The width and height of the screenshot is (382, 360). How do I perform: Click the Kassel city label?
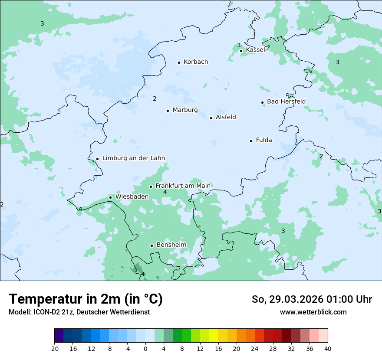pos(255,50)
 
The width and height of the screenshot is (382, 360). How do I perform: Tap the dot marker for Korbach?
pos(179,62)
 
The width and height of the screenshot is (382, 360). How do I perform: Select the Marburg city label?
pos(185,110)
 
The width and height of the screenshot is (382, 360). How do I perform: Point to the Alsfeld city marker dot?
pos(211,118)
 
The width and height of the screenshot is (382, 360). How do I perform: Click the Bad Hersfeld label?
pos(286,101)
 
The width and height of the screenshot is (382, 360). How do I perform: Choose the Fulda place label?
pos(264,140)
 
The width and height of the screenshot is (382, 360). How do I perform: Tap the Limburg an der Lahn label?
pos(133,158)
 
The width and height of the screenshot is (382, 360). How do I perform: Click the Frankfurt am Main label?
pos(183,186)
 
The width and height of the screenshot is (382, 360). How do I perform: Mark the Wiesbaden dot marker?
pos(111,198)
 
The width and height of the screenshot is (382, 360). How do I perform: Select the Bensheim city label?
pos(171,245)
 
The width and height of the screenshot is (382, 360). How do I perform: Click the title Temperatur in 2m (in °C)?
pos(86,299)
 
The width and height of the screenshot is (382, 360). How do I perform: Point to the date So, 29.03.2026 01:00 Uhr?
pos(312,299)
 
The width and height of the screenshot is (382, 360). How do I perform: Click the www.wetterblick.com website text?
pos(313,312)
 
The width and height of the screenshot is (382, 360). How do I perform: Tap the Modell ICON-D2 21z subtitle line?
pos(79,312)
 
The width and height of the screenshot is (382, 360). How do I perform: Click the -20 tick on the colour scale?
pos(54,349)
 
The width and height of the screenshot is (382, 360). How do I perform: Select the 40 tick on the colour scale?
pos(328,349)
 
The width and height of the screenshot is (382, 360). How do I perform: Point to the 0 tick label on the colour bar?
pos(145,349)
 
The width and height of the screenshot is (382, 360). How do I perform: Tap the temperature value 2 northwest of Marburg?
pos(155,99)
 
